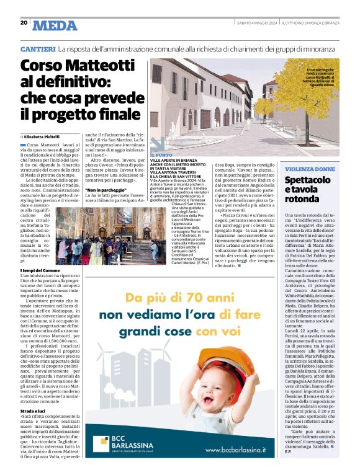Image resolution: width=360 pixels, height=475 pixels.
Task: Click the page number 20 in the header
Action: click(x=24, y=22)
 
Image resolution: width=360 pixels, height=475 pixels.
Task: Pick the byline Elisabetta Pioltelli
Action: click(x=45, y=136)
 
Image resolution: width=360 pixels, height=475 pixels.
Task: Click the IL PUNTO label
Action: click(x=161, y=154)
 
